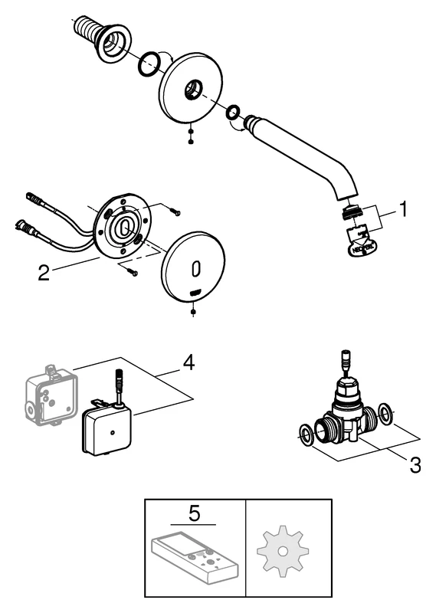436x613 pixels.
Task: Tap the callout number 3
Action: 415,464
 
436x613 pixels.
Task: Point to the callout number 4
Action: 188,362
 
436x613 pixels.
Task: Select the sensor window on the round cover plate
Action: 196,269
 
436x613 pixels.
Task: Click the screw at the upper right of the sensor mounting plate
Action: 175,211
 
